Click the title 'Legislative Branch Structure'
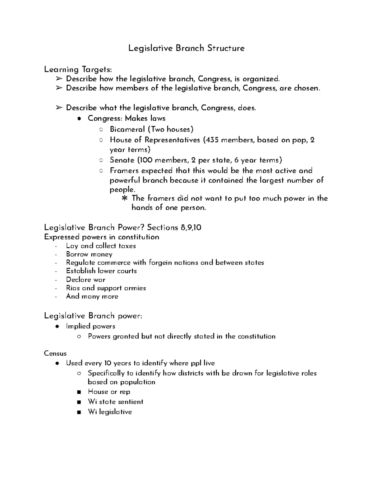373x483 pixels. (x=186, y=49)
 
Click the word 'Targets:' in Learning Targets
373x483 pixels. (x=96, y=69)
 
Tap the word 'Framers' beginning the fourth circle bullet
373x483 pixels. (x=124, y=171)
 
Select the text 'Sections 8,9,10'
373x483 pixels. (x=174, y=228)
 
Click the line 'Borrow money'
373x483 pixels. (x=89, y=254)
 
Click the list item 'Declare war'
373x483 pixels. (x=86, y=280)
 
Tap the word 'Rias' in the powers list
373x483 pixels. (x=73, y=288)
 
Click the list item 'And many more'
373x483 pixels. (x=92, y=296)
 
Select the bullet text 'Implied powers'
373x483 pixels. (x=90, y=326)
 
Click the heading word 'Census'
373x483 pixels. (x=55, y=354)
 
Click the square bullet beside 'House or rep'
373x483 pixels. (x=80, y=392)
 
